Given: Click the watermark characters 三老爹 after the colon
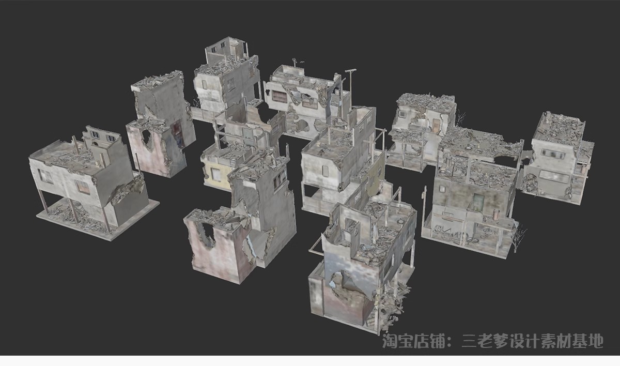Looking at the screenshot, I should coord(484,341).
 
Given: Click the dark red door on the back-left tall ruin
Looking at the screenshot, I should coord(177,131).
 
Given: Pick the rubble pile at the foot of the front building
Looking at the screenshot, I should coord(393,305).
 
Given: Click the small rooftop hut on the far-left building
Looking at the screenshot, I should coord(101,137).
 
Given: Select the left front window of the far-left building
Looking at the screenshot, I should coord(45,176).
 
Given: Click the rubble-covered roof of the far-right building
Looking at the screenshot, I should coord(559,127).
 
